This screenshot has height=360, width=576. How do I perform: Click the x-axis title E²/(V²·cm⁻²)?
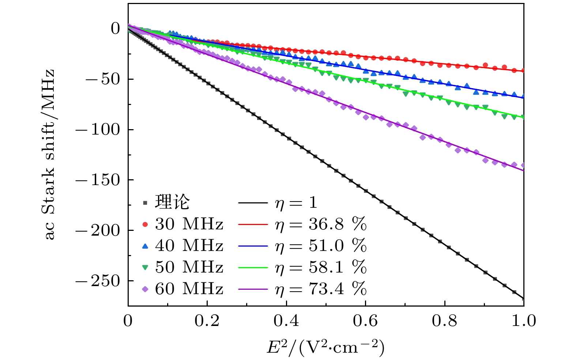325,347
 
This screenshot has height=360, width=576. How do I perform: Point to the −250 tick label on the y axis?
98,281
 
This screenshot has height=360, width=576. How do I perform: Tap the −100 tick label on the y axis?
98,130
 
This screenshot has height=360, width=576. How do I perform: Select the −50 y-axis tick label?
103,79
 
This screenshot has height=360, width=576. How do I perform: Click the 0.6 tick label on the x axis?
365,321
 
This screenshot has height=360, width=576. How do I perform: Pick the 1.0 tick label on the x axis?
523,321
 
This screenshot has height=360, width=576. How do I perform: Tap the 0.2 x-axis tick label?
207,321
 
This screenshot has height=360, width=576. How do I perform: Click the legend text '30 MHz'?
189,224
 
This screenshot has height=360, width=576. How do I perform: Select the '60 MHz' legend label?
189,289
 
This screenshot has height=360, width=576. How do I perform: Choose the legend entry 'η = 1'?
296,203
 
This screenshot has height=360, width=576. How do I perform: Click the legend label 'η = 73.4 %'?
320,289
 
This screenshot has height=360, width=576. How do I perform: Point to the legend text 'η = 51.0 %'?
320,246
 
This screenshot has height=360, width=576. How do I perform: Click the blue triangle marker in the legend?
145,246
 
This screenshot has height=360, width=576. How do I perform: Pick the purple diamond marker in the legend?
145,289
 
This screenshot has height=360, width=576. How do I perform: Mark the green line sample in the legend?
253,267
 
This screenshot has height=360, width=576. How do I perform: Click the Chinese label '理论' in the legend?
173,202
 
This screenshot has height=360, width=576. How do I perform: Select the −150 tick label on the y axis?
98,180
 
